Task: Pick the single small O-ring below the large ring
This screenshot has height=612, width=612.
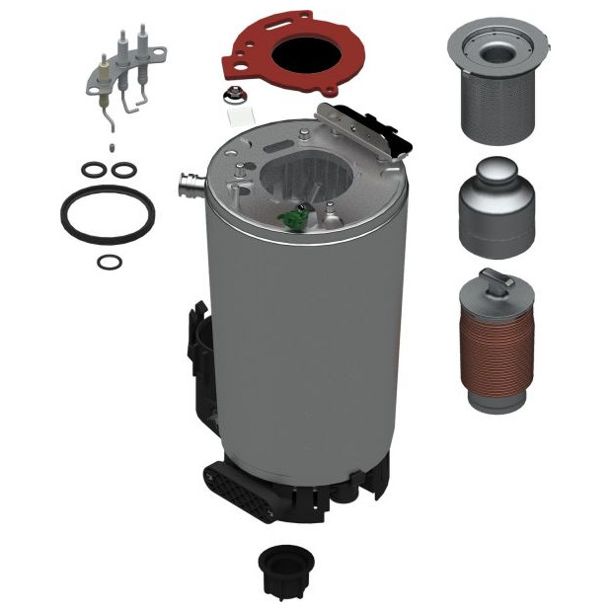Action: (x=112, y=263)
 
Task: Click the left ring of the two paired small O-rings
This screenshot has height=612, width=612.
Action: (x=93, y=171)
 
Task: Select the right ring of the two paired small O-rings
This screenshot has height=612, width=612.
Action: (x=122, y=171)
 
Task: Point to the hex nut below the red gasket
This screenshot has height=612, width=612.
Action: (x=238, y=96)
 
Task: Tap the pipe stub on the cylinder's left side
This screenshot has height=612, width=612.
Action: (x=188, y=185)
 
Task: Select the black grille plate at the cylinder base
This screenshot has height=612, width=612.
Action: (x=238, y=488)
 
